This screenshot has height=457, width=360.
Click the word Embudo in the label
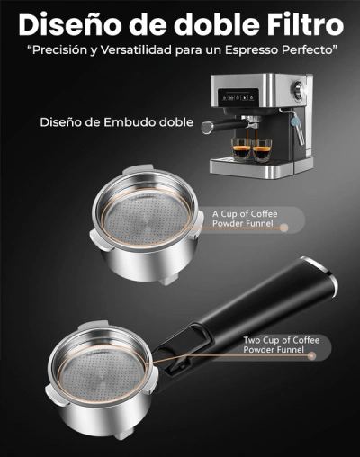(x=130, y=122)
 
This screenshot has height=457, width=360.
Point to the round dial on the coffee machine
(x=299, y=89)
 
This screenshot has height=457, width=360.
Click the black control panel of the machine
(x=238, y=97)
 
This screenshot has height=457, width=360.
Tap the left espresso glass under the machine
(x=240, y=148)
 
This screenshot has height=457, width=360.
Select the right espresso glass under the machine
(x=262, y=150)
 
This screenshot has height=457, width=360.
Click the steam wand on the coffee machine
(x=295, y=126)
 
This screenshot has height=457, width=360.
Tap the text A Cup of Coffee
(x=245, y=214)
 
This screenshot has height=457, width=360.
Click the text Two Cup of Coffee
(x=282, y=340)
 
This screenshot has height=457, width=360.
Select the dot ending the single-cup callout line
(x=283, y=228)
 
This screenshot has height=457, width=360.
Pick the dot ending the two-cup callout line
(x=312, y=356)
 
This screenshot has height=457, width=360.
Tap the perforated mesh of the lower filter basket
(x=102, y=375)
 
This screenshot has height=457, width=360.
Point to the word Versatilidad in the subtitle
(x=136, y=49)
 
